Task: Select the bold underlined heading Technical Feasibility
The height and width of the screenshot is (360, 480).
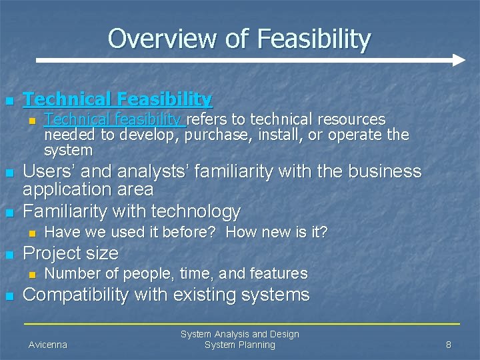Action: coord(117,99)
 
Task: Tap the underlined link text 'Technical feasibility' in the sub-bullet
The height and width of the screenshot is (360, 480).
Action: coord(113,119)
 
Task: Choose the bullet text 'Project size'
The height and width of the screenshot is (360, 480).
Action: coord(71,253)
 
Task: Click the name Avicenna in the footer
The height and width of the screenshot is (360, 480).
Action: coord(48,345)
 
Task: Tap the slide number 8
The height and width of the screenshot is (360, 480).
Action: coord(449,345)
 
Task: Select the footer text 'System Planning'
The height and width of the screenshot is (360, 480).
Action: coord(239,345)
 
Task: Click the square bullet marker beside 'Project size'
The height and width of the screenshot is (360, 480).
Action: coord(9,255)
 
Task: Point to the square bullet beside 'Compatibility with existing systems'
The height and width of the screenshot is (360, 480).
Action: coord(9,296)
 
